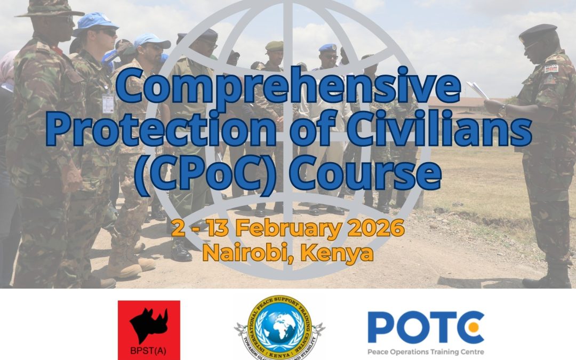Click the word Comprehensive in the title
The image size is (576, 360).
(x=288, y=90)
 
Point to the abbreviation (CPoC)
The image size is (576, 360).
(x=202, y=173)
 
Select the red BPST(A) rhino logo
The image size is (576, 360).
(x=149, y=330)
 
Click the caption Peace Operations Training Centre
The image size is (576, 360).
(x=425, y=351)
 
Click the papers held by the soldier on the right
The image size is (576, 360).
(x=477, y=91)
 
